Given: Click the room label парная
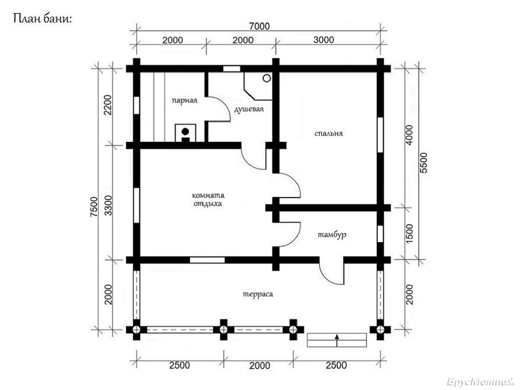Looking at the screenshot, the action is point(185,101).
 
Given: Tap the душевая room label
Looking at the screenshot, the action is point(249,109).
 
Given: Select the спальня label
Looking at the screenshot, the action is point(329,133).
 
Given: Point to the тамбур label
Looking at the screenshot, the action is point(332,235).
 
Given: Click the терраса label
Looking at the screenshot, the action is point(258,294).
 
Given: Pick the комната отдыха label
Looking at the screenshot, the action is point(208,199).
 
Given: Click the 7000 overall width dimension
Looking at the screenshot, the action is point(259,26).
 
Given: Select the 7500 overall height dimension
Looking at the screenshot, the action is point(94,207).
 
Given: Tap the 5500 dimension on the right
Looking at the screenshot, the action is point(423,163).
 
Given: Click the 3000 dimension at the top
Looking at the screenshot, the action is point(323,40).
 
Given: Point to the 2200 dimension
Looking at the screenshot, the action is point(108,105).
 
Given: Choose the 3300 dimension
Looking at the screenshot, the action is point(108,205).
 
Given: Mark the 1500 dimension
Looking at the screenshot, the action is point(409,234).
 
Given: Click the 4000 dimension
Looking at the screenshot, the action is point(409,135).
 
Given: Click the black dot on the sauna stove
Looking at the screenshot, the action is point(185,131).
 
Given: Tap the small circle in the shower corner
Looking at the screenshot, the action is point(267,78).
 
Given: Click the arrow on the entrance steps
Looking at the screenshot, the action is point(337,341).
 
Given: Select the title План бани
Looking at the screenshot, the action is point(42,19).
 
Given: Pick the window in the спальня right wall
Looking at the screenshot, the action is point(380,135).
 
